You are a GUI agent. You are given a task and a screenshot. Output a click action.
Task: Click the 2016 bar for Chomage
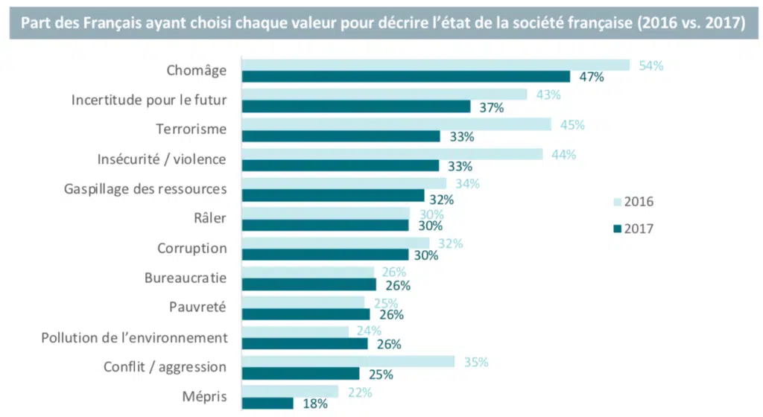(436, 65)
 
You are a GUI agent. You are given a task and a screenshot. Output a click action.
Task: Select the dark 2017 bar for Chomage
(406, 76)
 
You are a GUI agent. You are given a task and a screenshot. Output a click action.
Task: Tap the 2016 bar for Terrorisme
(396, 124)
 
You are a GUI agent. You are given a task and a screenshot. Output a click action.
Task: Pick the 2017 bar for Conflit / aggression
(301, 373)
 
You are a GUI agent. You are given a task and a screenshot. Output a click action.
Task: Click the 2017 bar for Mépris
(268, 403)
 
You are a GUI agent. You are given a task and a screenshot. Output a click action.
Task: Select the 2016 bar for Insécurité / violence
(393, 154)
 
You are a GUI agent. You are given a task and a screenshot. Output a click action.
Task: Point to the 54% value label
(650, 66)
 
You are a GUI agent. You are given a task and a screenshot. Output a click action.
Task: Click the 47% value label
(590, 77)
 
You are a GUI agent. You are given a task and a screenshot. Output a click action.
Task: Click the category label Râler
(209, 218)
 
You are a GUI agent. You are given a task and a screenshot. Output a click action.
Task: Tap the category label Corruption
(192, 248)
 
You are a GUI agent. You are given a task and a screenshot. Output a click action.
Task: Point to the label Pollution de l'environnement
(133, 337)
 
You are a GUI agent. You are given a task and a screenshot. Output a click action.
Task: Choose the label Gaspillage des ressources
(145, 188)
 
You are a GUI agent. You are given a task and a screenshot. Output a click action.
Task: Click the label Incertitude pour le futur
(149, 99)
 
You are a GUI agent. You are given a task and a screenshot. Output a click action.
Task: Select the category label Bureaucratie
(186, 278)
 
